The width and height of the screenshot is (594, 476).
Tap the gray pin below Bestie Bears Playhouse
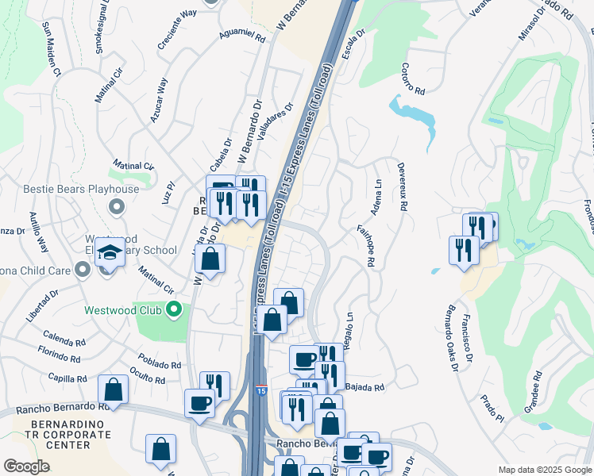[117, 208]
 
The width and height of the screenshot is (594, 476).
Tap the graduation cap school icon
[110, 253]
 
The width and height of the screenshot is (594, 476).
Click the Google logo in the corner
[26, 466]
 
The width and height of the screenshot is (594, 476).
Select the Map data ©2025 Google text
[545, 470]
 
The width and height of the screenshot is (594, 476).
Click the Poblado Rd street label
[160, 363]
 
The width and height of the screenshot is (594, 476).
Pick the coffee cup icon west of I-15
[199, 402]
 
